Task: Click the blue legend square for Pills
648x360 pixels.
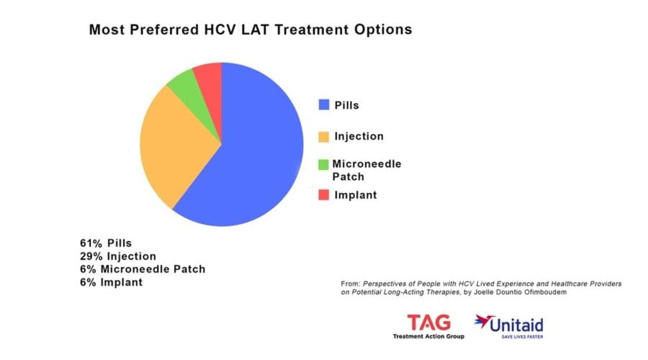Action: click(x=324, y=105)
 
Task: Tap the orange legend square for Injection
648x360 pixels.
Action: click(x=324, y=136)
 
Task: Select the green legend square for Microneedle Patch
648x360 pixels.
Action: click(x=324, y=164)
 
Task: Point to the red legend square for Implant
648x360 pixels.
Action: click(x=324, y=194)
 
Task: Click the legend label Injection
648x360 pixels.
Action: click(x=359, y=136)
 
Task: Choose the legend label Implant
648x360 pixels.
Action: click(x=356, y=194)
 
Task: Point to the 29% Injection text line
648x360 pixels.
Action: click(x=118, y=256)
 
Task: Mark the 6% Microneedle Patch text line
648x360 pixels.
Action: click(x=143, y=269)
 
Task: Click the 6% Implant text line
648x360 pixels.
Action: click(x=111, y=282)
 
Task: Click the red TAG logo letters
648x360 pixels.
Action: click(x=428, y=321)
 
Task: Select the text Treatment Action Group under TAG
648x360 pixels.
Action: click(x=428, y=336)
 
